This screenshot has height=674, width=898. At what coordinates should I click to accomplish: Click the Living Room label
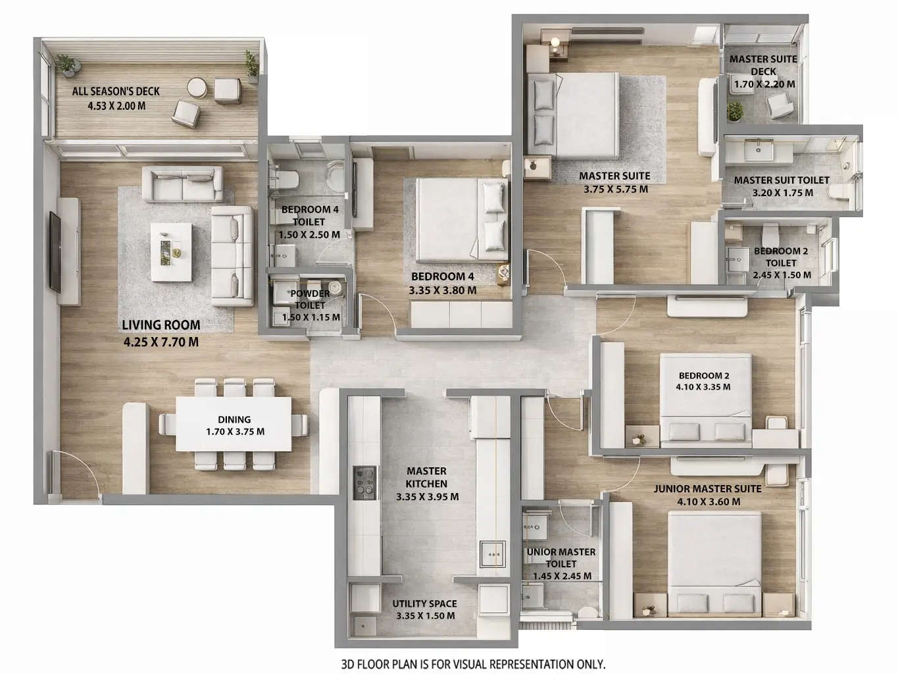pos(161,324)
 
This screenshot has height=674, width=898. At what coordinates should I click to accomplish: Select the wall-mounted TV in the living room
pos(55,251)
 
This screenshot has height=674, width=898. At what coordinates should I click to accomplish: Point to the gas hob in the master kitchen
pos(364,483)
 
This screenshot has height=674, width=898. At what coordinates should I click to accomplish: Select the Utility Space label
pos(424,604)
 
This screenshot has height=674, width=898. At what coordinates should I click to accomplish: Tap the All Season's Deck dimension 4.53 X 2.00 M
pos(116,105)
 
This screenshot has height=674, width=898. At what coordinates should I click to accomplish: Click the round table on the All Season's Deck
pos(196,88)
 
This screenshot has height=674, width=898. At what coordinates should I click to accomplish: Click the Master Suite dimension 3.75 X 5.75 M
pos(615,190)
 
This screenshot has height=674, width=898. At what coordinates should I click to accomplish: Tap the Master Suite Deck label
pos(763,65)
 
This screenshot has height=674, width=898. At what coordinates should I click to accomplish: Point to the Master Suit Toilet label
pos(782,180)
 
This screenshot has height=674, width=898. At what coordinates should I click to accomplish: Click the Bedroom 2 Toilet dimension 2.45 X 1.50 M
pos(782,275)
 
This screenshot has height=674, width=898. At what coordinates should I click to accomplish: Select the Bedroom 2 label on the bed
pos(703,376)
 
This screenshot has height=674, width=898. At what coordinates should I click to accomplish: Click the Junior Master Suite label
pos(707,489)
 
